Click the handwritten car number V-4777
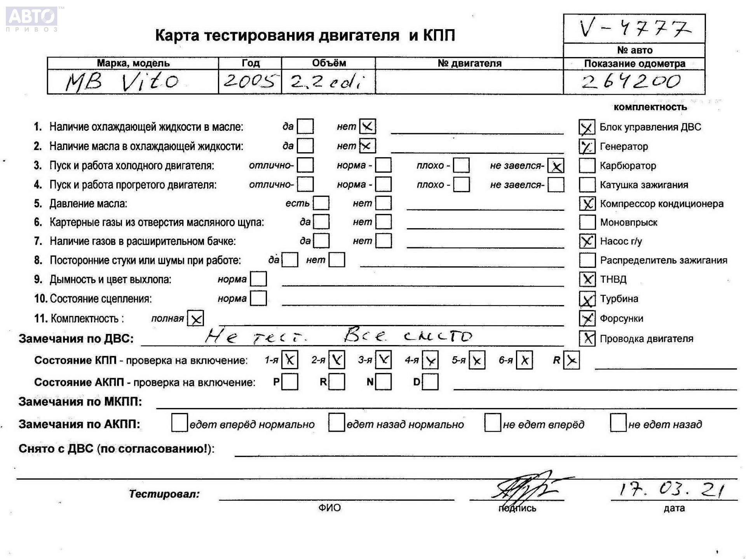[x=634, y=28]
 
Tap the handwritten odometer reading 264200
[x=631, y=82]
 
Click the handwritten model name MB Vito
[x=122, y=82]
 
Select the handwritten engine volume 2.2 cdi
[x=328, y=82]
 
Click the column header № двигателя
[x=469, y=63]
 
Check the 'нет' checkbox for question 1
[x=367, y=126]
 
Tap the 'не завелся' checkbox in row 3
[x=556, y=166]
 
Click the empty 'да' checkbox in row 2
[x=305, y=146]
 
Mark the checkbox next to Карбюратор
[x=587, y=166]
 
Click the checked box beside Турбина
[x=587, y=299]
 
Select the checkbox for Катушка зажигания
[x=587, y=185]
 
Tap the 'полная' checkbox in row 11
[x=195, y=319]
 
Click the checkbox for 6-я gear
[x=524, y=360]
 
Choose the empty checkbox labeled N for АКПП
[x=383, y=382]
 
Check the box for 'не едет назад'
[x=618, y=423]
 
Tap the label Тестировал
[x=164, y=494]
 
